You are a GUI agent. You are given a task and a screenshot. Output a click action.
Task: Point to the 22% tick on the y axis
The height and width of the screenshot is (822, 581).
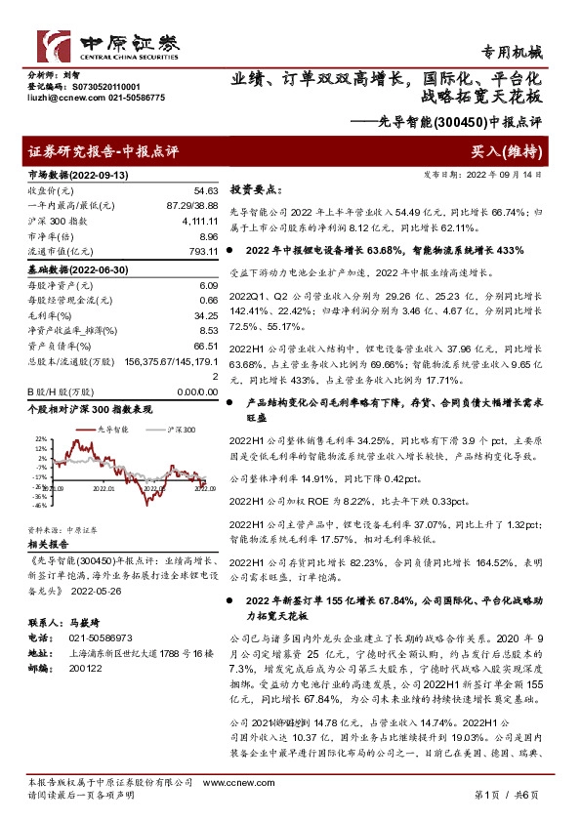pyautogui.click(x=40, y=439)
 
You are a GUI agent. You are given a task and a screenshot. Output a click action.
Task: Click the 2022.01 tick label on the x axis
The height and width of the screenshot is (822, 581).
pyautogui.click(x=104, y=490)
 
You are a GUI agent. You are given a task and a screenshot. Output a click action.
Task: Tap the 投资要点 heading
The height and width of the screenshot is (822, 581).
pyautogui.click(x=257, y=190)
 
